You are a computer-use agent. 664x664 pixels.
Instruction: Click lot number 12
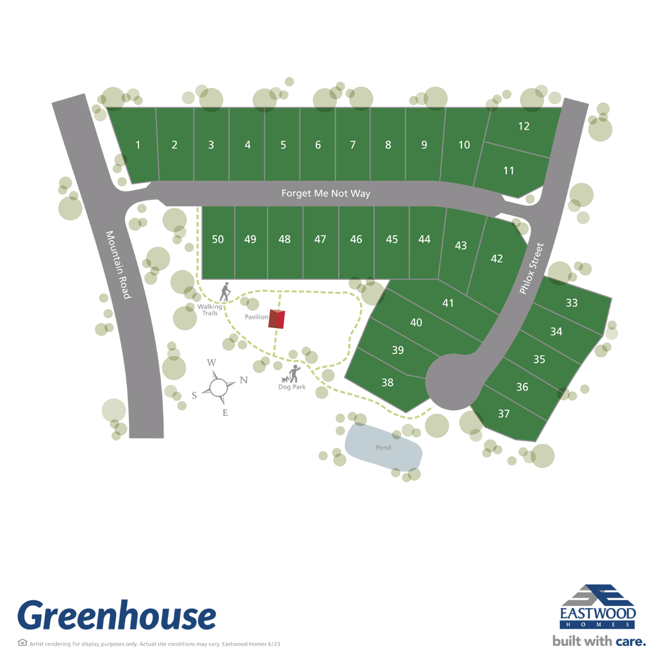[524, 126]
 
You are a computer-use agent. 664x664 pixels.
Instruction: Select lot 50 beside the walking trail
[218, 240]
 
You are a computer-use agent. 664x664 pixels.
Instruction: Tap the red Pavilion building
[279, 319]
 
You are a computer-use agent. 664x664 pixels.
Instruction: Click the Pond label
[383, 448]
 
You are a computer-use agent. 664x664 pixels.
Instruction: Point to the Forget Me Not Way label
[325, 193]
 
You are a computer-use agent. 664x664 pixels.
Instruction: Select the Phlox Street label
[531, 269]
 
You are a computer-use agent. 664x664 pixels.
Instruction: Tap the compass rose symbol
[219, 387]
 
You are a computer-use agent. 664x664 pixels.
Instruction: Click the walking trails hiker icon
[225, 292]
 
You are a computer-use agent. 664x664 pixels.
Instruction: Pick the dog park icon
[291, 374]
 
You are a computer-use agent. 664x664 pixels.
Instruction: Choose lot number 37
[504, 414]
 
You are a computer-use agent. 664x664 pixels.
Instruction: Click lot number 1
[138, 145]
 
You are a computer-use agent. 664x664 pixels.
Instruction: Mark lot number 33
[572, 303]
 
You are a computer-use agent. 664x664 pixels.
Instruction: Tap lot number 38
[387, 383]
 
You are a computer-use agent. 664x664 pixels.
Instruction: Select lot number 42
[497, 258]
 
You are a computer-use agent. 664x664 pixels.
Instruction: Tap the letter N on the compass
[243, 380]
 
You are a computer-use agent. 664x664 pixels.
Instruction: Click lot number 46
[355, 240]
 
